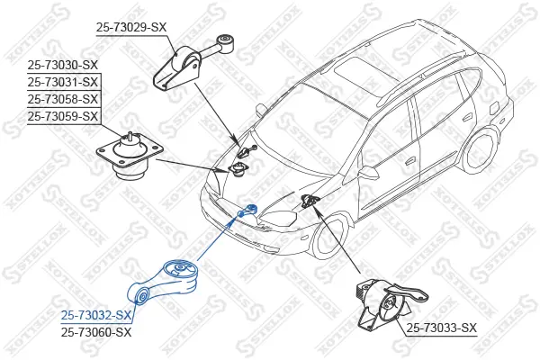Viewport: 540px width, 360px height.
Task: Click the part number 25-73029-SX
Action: pyautogui.click(x=131, y=28)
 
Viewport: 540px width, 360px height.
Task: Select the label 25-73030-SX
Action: pyautogui.click(x=63, y=65)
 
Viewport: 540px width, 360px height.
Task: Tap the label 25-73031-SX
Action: pyautogui.click(x=63, y=82)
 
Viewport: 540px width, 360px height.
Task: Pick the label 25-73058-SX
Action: pyautogui.click(x=63, y=99)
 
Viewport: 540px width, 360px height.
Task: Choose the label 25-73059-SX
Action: pyautogui.click(x=63, y=116)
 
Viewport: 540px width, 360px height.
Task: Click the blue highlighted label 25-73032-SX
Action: pyautogui.click(x=97, y=315)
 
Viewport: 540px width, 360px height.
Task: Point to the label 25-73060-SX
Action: pyautogui.click(x=97, y=332)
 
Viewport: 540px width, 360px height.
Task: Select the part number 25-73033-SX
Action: pyautogui.click(x=441, y=328)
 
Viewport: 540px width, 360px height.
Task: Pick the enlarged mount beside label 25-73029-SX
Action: pyautogui.click(x=193, y=63)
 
